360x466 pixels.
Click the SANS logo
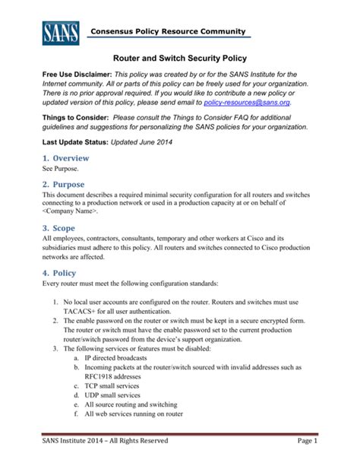coord(59,32)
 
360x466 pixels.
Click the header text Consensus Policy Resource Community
coord(169,31)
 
